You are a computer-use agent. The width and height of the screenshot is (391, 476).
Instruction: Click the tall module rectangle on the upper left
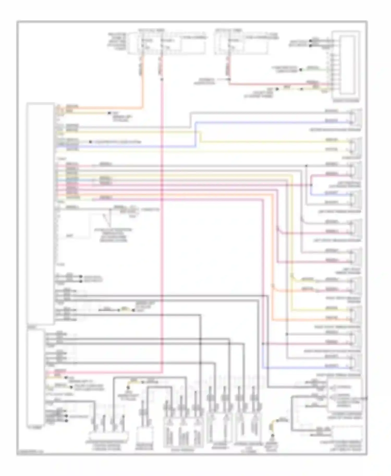(40, 214)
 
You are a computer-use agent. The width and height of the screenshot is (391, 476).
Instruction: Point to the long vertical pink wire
(162, 234)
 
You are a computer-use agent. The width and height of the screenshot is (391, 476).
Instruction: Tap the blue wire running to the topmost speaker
(261, 122)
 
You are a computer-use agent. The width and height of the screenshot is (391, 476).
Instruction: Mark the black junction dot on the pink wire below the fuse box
(162, 79)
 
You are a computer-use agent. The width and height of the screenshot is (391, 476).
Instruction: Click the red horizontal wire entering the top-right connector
(274, 84)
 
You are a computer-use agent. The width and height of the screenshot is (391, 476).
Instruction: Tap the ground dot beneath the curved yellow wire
(272, 435)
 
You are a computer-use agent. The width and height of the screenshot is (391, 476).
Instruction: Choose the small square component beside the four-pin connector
(144, 434)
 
